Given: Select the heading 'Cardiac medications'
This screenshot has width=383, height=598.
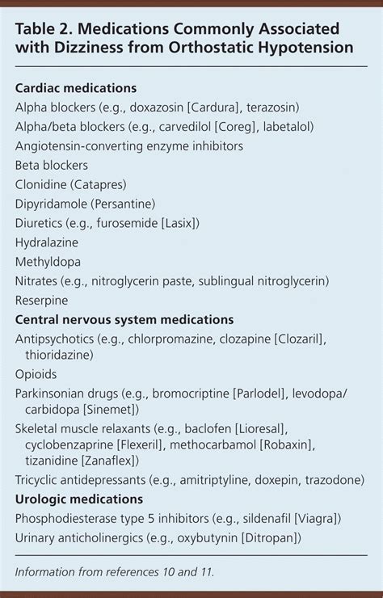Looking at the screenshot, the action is click(x=75, y=87).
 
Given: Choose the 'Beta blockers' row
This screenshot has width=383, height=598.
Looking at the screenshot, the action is click(x=52, y=165).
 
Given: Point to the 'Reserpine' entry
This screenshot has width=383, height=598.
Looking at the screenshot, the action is click(x=43, y=301).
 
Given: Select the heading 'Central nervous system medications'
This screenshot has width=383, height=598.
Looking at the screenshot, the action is click(x=124, y=320).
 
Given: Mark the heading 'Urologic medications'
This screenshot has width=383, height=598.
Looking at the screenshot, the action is click(x=78, y=499).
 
